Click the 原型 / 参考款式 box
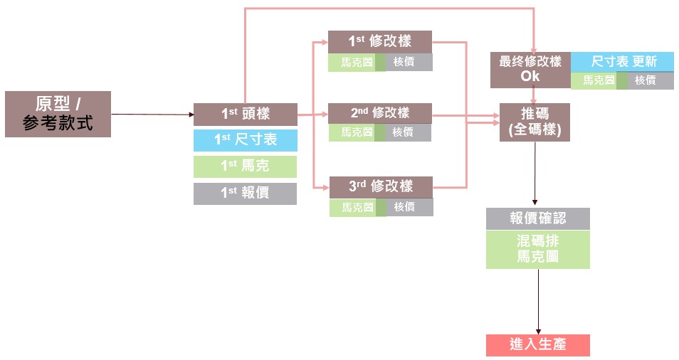(58, 114)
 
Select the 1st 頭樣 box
(245, 114)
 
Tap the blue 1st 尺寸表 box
(245, 140)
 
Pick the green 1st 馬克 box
(245, 166)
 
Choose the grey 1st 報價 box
(245, 193)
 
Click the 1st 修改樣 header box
(380, 41)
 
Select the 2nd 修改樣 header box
(379, 113)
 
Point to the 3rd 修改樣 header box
(381, 186)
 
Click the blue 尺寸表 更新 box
(622, 62)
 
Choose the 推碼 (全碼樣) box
(535, 122)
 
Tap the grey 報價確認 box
(537, 218)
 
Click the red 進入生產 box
(537, 345)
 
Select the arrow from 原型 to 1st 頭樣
(152, 114)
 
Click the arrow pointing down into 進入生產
(537, 302)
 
